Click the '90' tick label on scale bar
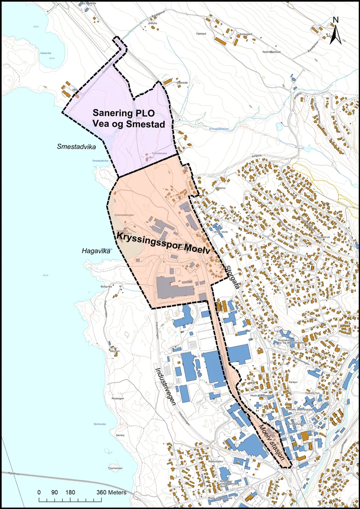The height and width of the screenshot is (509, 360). tap(54, 492)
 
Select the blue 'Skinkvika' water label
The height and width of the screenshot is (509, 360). tap(99, 424)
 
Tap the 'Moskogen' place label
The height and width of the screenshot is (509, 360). tap(117, 398)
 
